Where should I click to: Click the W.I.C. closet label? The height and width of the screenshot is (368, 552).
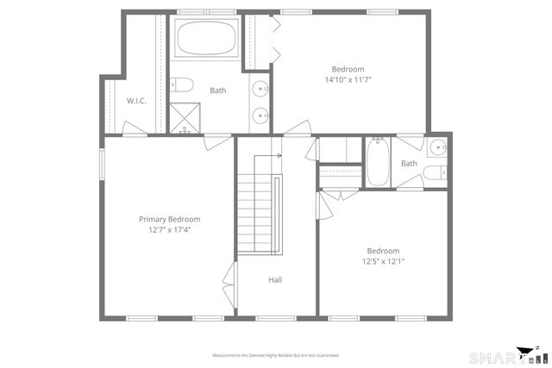(x=136, y=101)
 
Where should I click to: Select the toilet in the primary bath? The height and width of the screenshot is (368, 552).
(x=181, y=84)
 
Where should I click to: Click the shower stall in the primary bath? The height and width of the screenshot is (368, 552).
(x=183, y=117)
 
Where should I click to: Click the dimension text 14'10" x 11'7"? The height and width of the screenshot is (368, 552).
(x=348, y=80)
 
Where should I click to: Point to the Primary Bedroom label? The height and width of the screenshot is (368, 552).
(x=169, y=219)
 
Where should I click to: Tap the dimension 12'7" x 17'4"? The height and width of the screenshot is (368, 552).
(x=169, y=230)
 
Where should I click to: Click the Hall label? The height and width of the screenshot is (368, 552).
(x=275, y=279)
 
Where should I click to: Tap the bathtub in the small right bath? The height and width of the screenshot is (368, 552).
(x=378, y=163)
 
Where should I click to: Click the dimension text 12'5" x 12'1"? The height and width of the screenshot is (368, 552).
(x=383, y=262)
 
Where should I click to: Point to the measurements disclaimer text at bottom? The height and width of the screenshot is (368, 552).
(x=276, y=354)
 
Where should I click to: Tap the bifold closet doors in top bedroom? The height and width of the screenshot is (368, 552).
(x=276, y=40)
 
